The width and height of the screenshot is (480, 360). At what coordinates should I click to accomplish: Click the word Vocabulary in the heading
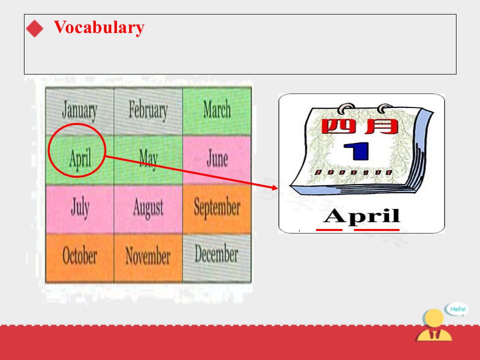[x=99, y=27]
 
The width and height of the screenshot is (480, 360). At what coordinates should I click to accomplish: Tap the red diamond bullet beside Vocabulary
[x=34, y=28]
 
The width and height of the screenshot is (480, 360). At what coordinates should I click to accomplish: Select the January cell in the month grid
[x=79, y=111]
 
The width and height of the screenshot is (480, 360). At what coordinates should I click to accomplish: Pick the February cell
[x=148, y=111]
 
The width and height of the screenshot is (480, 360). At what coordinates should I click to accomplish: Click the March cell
[x=216, y=111]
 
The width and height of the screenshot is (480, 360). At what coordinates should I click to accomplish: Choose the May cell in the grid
[x=148, y=160]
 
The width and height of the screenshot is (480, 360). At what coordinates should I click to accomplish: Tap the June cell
[x=216, y=160]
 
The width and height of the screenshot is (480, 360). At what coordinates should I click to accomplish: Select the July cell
[x=79, y=209]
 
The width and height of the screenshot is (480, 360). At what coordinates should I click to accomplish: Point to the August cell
[x=148, y=209]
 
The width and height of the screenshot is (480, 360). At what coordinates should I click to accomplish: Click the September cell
[x=216, y=209]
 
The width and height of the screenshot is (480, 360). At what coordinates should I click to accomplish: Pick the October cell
[x=79, y=258]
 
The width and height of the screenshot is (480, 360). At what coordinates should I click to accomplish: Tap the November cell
[x=148, y=258]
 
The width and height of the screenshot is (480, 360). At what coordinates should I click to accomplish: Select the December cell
[x=216, y=258]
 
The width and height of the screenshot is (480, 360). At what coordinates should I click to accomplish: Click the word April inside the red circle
[x=80, y=158]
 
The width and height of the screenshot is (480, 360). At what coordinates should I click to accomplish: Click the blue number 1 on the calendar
[x=356, y=151]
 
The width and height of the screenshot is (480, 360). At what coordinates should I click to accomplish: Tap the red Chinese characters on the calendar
[x=359, y=126]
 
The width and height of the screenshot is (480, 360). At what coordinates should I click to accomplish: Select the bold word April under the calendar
[x=361, y=216]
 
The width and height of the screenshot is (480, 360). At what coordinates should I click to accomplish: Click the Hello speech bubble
[x=456, y=309]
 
